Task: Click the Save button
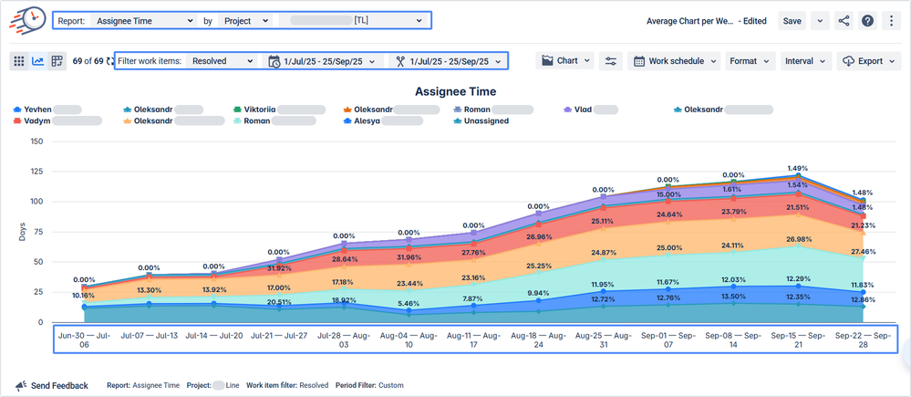tap(792, 21)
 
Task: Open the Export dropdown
tap(870, 61)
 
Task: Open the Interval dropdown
tap(805, 61)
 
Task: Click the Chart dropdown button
tap(566, 61)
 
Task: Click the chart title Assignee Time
tap(455, 91)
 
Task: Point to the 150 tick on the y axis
tap(37, 141)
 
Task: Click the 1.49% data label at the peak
tap(798, 168)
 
